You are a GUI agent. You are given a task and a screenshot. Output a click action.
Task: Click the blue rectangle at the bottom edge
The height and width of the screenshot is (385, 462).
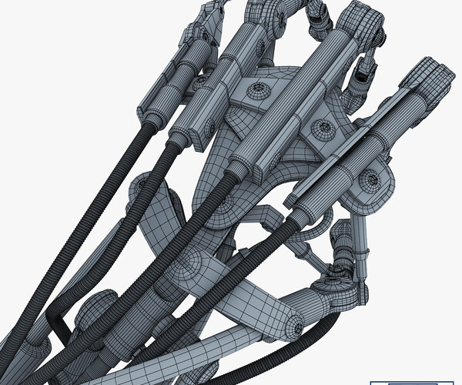[x=416, y=380]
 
